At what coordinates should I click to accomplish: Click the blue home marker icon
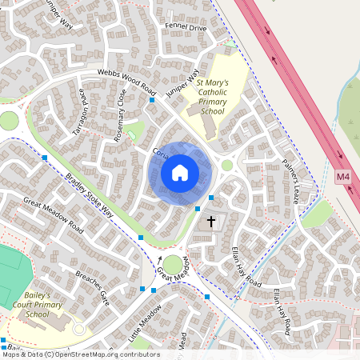pyautogui.click(x=180, y=172)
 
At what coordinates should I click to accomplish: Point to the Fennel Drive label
pyautogui.click(x=185, y=28)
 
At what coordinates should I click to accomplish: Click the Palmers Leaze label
pyautogui.click(x=290, y=181)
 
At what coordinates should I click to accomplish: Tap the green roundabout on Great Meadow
pyautogui.click(x=172, y=264)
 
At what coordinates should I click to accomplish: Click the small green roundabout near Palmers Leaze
pyautogui.click(x=227, y=166)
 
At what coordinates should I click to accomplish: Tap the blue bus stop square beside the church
pyautogui.click(x=198, y=208)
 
